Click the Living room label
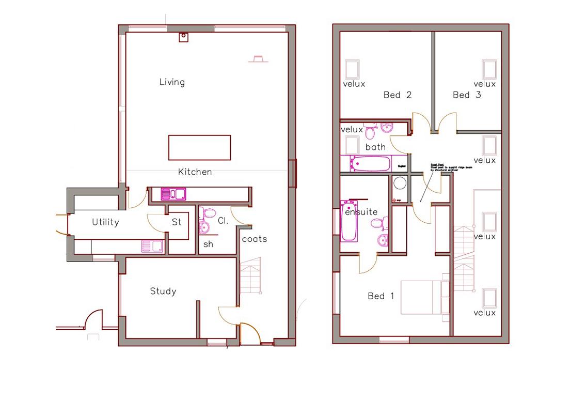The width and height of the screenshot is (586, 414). click(172, 82)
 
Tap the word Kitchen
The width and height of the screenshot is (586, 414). click(195, 172)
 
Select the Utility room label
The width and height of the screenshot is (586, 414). click(105, 222)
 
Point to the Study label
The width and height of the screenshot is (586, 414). click(163, 292)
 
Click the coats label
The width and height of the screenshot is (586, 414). click(255, 239)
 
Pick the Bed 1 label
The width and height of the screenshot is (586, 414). click(381, 296)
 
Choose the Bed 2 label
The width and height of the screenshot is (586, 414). click(398, 95)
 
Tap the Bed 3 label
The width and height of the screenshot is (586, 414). click(467, 95)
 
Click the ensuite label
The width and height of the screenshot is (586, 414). click(361, 212)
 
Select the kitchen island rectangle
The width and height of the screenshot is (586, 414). click(199, 148)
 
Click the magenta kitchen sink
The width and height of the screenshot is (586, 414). click(173, 194)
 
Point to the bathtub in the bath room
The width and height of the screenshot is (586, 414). click(370, 164)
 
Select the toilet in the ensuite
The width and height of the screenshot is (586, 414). click(377, 224)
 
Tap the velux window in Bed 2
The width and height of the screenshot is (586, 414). click(352, 69)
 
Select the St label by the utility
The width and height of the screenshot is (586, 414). click(177, 222)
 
